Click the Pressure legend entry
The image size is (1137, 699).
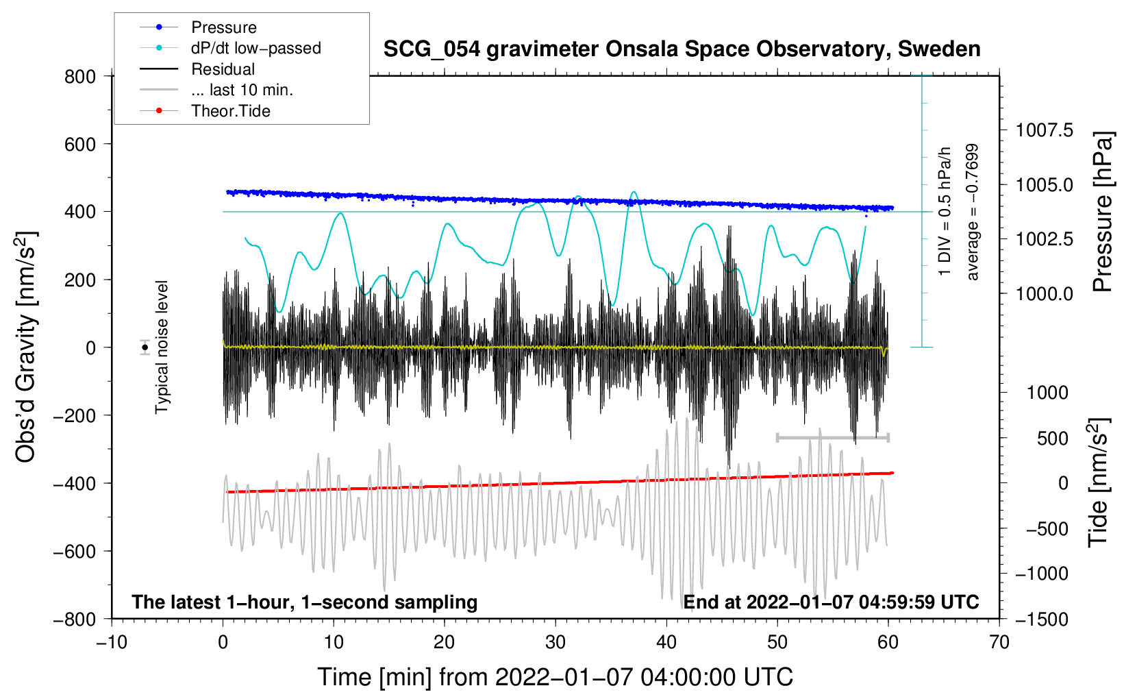tap(198, 27)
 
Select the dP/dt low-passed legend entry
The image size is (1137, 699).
tap(230, 48)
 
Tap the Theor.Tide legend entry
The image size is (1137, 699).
tap(205, 111)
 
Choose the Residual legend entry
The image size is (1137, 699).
tap(197, 69)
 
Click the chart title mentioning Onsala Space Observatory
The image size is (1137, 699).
tap(682, 49)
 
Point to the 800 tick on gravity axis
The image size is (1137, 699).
tap(80, 77)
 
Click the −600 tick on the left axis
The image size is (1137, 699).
tap(74, 551)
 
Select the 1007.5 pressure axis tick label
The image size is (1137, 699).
tap(1044, 131)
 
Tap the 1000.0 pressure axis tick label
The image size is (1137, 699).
tap(1044, 293)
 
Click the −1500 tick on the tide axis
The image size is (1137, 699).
tap(1042, 620)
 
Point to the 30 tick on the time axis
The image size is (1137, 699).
tap(555, 642)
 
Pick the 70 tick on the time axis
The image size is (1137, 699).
tap(999, 642)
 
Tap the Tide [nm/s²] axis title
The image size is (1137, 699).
tap(1099, 482)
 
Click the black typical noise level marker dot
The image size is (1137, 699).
tap(145, 347)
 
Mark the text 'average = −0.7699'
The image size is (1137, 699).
tap(972, 212)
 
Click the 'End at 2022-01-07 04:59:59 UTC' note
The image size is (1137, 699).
tap(831, 602)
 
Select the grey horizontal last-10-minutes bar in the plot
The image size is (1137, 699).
tap(832, 437)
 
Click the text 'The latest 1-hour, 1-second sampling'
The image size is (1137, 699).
tap(305, 602)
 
